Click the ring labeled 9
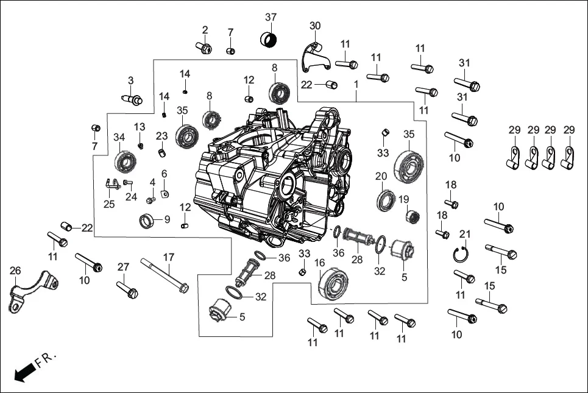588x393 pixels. coord(147,219)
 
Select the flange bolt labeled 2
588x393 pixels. coord(204,46)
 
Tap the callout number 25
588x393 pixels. coord(108,204)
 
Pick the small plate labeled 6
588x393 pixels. coord(165,194)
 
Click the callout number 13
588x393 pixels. coord(140,126)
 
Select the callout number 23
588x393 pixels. coord(161,135)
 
